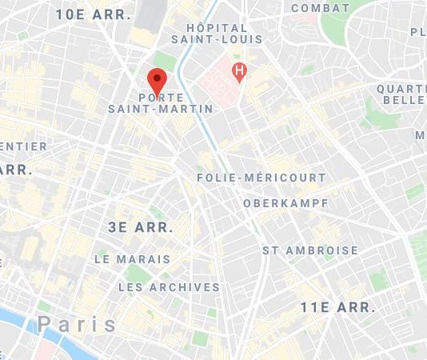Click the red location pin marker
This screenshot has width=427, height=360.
[157, 81]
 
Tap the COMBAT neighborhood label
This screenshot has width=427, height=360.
[320, 8]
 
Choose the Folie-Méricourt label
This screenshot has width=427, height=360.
[261, 178]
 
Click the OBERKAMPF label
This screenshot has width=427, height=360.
[285, 203]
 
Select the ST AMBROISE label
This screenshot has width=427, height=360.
[310, 250]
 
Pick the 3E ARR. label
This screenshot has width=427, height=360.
[141, 227]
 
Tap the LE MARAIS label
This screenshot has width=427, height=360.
[132, 259]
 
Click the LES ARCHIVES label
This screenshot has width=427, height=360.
[169, 286]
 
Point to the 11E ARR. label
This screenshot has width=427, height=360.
[337, 307]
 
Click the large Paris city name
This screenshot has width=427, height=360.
[78, 324]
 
